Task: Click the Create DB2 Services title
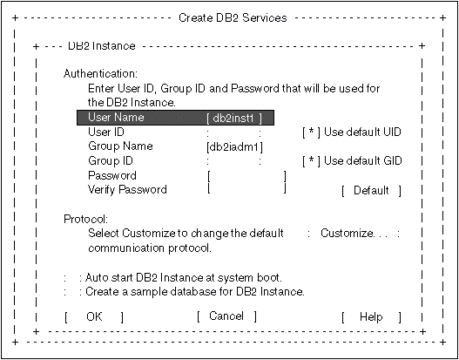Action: pos(233,17)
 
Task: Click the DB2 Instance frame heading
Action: pos(102,46)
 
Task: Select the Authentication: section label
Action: pos(100,74)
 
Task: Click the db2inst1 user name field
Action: pos(234,119)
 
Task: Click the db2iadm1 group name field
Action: pos(234,147)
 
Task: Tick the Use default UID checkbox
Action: pos(311,132)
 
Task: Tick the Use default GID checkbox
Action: pos(311,160)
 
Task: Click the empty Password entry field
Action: pos(246,176)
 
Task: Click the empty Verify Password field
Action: pos(246,189)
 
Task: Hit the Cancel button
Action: pos(226,316)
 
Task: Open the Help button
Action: pos(371,317)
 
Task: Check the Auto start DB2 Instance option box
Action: pos(72,278)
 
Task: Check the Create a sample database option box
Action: pos(72,292)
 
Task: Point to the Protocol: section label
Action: pos(86,219)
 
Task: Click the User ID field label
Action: pos(106,132)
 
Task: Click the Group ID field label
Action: pos(111,160)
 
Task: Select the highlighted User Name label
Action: pos(116,117)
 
